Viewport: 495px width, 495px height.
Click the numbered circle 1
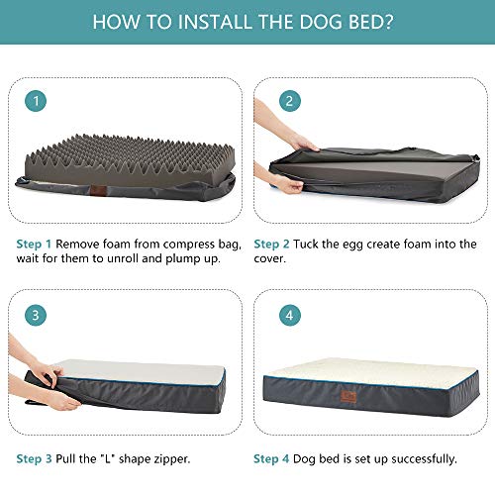[x=36, y=101]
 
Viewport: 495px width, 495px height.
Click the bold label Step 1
[x=34, y=243]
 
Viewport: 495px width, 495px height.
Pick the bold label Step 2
[x=273, y=243]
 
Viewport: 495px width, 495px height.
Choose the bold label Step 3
[x=34, y=458]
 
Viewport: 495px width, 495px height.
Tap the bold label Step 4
[x=273, y=458]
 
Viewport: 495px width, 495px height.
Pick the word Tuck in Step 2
[x=311, y=243]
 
